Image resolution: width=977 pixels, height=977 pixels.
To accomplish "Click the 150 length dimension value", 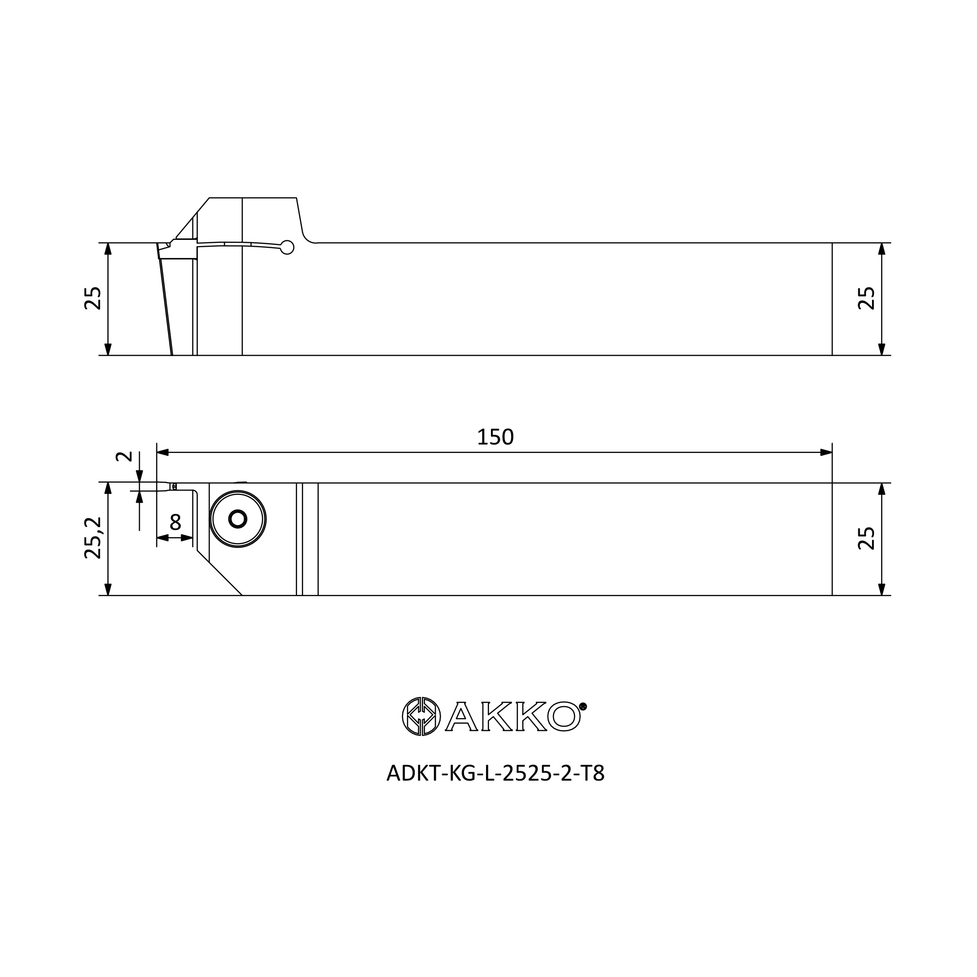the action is coord(495,437).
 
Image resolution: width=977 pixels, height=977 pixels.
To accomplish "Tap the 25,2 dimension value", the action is coord(93,537).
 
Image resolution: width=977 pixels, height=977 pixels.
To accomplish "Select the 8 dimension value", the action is coord(175,522).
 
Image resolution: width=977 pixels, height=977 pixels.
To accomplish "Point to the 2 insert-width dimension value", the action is coord(124,456).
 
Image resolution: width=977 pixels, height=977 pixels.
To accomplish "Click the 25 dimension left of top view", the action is coord(93,298).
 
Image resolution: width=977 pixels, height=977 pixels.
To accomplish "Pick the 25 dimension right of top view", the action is coord(867,298).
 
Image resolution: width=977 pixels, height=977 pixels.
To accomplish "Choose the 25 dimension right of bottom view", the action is coord(867,538).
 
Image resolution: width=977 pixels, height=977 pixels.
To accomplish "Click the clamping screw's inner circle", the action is coord(238,519).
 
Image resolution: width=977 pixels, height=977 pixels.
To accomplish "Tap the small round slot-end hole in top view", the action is coord(287,247).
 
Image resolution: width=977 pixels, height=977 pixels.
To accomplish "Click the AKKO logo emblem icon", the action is coord(421,716).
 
